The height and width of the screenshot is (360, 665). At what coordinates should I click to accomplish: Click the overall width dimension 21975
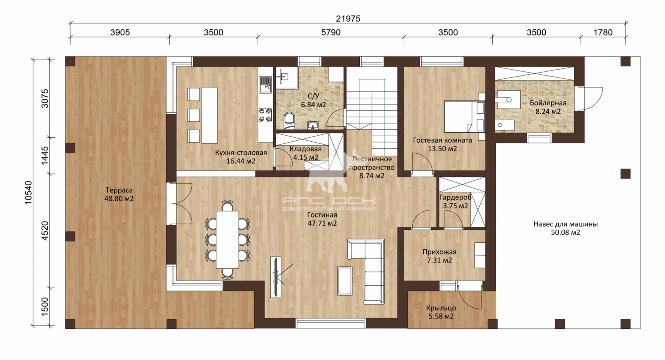point(348,19)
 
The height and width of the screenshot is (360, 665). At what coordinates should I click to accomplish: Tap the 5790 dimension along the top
point(331,32)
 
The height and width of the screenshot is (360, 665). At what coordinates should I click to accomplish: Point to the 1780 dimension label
point(603,32)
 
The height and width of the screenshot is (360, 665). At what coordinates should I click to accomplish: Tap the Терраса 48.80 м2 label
point(119,194)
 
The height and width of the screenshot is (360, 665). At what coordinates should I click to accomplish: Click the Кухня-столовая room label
point(241,153)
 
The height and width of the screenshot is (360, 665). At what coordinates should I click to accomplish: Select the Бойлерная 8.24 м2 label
point(548,107)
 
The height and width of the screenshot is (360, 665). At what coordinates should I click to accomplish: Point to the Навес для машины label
point(565,224)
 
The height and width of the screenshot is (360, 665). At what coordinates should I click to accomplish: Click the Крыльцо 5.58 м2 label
point(441,312)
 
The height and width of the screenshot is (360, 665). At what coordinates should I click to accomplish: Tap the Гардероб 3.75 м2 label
point(455,201)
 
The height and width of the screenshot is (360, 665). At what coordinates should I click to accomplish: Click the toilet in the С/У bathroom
point(289,121)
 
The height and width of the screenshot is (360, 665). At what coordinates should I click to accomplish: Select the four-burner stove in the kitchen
point(265,115)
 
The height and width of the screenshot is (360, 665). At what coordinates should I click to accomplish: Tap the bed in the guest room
point(465,116)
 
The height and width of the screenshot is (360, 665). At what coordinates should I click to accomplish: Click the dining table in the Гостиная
point(227,239)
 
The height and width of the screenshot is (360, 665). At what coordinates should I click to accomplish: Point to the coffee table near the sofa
point(345,281)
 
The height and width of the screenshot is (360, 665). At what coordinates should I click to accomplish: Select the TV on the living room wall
point(276,277)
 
